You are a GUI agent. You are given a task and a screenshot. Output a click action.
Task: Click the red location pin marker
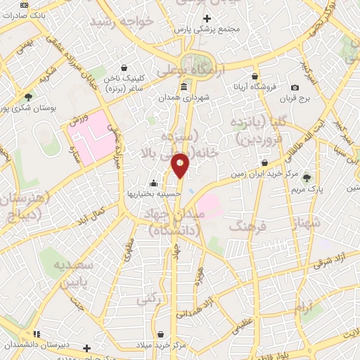[181, 164]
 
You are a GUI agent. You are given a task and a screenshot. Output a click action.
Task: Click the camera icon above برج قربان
[295, 87]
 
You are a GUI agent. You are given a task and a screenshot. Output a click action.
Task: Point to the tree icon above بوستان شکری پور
[27, 98]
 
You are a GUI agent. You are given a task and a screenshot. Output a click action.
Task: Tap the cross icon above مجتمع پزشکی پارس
[207, 19]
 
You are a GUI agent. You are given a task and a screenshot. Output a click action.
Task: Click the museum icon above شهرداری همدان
[184, 87]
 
